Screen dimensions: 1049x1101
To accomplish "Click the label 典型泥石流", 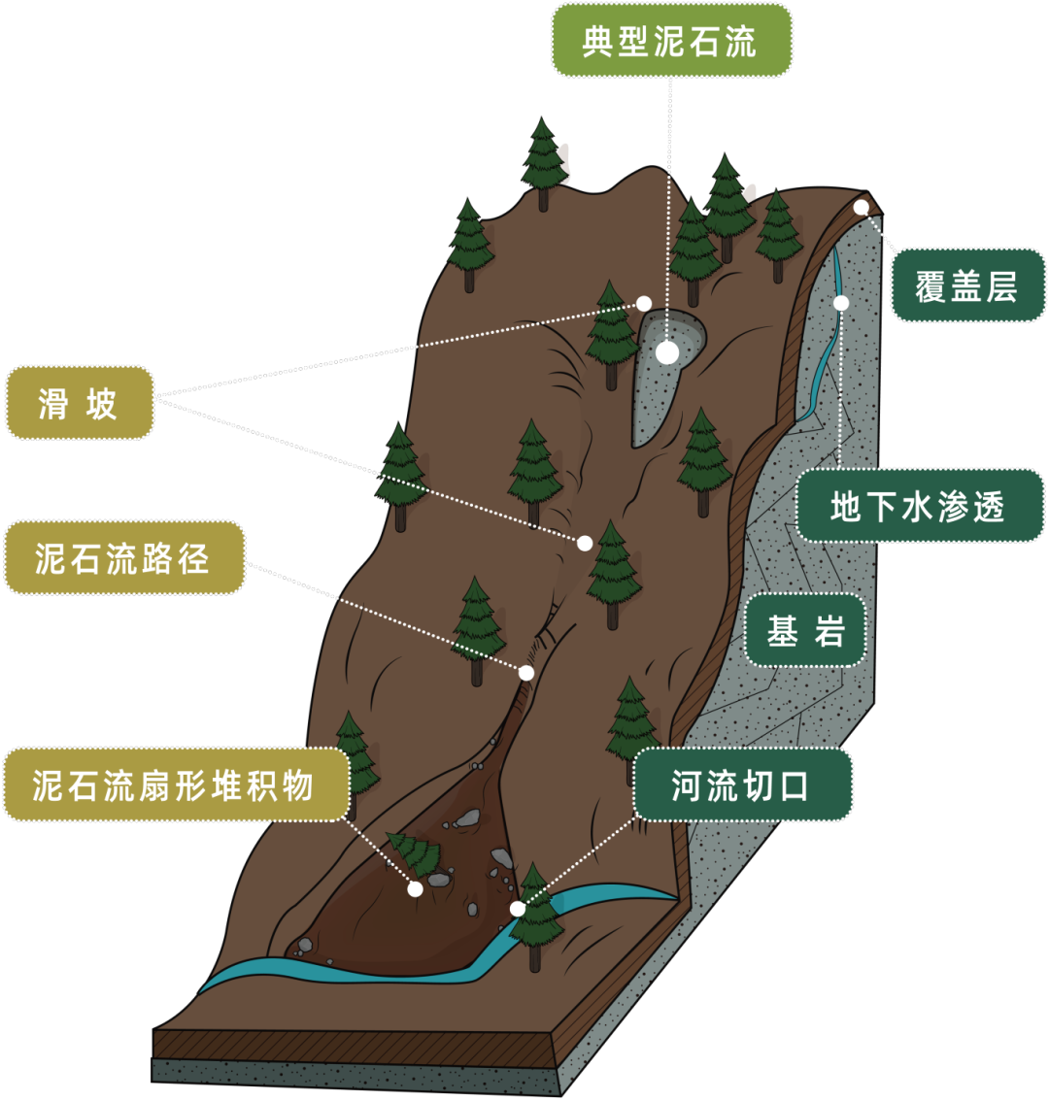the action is (x=671, y=41).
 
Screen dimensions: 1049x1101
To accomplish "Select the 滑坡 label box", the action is (x=80, y=403).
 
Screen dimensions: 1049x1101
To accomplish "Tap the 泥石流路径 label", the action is (x=123, y=558).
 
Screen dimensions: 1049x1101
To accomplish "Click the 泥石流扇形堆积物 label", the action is (x=174, y=784).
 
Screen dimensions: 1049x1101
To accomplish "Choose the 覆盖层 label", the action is (x=967, y=285).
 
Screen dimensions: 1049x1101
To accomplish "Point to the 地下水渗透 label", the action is (x=919, y=506).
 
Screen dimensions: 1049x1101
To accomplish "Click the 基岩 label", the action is (x=805, y=631).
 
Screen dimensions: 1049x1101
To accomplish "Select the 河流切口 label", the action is (x=741, y=784).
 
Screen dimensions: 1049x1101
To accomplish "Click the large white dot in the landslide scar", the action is (x=667, y=352).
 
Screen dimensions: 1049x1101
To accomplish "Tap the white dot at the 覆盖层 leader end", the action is (x=862, y=207).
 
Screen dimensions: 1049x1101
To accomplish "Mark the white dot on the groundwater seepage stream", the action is (x=841, y=303).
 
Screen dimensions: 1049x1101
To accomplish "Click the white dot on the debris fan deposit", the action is (x=415, y=888).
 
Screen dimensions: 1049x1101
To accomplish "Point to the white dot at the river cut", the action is (x=518, y=909).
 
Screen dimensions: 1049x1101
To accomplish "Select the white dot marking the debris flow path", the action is (x=526, y=673).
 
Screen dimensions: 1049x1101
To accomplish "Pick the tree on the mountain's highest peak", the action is (x=544, y=163).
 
